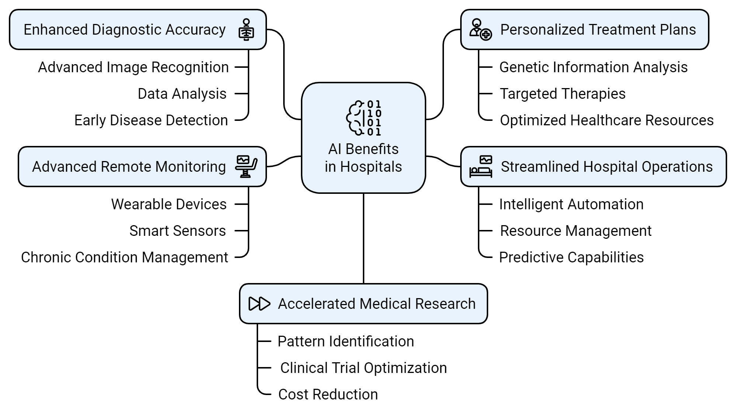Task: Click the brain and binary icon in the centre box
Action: coord(364,118)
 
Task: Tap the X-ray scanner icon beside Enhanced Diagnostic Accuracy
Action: coord(246,29)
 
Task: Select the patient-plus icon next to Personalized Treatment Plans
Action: coord(480,29)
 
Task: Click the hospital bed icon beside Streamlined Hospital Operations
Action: coord(481,167)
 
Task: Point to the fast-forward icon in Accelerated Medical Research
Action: coord(259,304)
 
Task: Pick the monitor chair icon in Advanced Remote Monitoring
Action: coord(246,167)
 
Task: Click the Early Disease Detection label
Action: coord(151,120)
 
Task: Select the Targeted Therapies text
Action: coord(563,94)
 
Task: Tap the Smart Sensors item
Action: coord(177,231)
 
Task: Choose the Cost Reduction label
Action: coord(328,394)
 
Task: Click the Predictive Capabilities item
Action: coord(571,257)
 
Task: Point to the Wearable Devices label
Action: coord(169,204)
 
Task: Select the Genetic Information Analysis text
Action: coord(593,67)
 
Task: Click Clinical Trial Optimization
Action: coord(364,368)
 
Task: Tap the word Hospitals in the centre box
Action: coord(371,167)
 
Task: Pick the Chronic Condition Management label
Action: coord(125,257)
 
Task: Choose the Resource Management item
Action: coord(576,231)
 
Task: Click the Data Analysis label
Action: coord(182,94)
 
